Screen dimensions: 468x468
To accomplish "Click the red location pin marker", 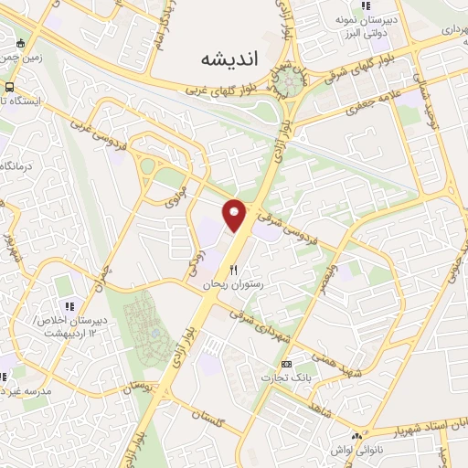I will click(x=235, y=215).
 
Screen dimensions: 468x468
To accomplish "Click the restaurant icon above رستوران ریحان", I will click(x=234, y=270).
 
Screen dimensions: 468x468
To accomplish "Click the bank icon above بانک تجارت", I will click(x=286, y=363).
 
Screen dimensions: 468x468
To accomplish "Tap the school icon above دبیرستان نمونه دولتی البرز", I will click(x=366, y=7).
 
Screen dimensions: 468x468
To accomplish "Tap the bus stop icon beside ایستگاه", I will click(x=9, y=87).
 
